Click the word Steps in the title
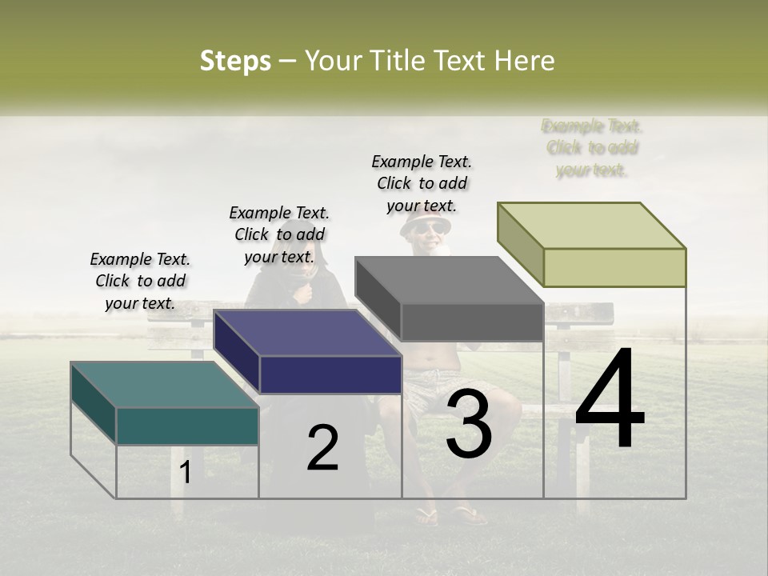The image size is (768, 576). pyautogui.click(x=235, y=61)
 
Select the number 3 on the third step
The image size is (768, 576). pyautogui.click(x=469, y=424)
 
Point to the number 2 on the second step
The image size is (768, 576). pyautogui.click(x=322, y=448)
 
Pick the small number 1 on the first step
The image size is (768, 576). pyautogui.click(x=186, y=472)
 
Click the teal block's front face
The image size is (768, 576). pyautogui.click(x=187, y=426)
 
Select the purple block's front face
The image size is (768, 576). pyautogui.click(x=330, y=374)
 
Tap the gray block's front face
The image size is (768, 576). pyautogui.click(x=472, y=322)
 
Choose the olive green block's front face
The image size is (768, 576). pyautogui.click(x=614, y=267)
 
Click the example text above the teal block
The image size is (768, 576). pyautogui.click(x=140, y=281)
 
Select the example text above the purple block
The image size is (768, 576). pyautogui.click(x=279, y=234)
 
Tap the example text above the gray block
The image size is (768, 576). pyautogui.click(x=422, y=183)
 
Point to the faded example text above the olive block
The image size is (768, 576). pyautogui.click(x=592, y=148)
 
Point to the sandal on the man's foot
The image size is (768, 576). pyautogui.click(x=470, y=515)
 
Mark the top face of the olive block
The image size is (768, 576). pyautogui.click(x=592, y=225)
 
